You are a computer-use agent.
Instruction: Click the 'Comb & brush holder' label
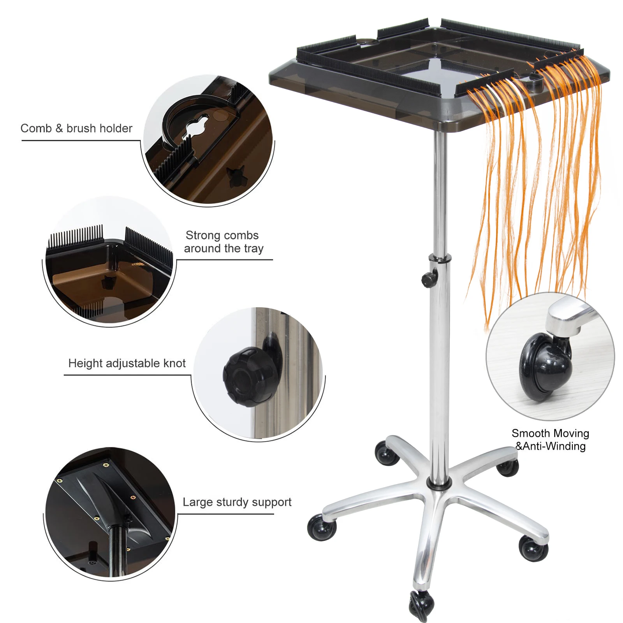pyautogui.click(x=76, y=128)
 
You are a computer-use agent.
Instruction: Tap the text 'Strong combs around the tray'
pyautogui.click(x=224, y=242)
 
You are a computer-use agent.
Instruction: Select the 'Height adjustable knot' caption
pyautogui.click(x=127, y=363)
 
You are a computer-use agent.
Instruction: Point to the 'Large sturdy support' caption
pyautogui.click(x=237, y=502)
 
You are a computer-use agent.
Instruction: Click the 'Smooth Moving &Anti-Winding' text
pyautogui.click(x=550, y=440)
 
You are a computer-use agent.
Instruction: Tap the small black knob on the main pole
pyautogui.click(x=428, y=278)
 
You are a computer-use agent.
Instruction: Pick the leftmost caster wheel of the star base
pyautogui.click(x=321, y=527)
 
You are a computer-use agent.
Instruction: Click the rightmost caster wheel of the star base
pyautogui.click(x=534, y=548)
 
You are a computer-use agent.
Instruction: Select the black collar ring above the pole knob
pyautogui.click(x=440, y=258)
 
